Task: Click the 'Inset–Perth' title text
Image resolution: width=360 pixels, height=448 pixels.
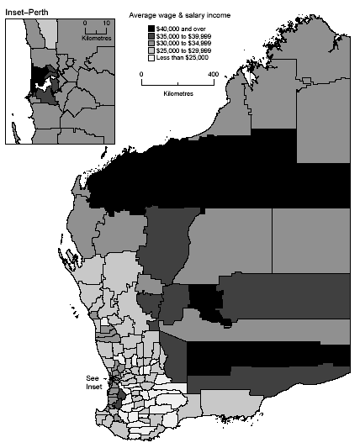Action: click(x=28, y=11)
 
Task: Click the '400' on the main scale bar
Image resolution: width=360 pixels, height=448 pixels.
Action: click(x=213, y=74)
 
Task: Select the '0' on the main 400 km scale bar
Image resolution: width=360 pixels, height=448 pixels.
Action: click(x=141, y=74)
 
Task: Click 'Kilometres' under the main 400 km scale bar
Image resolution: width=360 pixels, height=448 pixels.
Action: click(x=177, y=92)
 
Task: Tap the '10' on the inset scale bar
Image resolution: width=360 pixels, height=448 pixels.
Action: click(x=107, y=24)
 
